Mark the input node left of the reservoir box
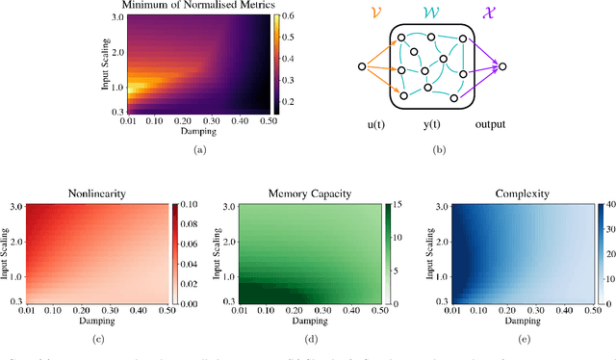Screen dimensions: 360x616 (x=362, y=66)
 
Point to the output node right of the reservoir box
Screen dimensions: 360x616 (x=501, y=66)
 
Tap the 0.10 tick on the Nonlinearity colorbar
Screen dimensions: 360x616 (x=192, y=204)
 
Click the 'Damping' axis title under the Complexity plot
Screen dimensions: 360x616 (x=505, y=317)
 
